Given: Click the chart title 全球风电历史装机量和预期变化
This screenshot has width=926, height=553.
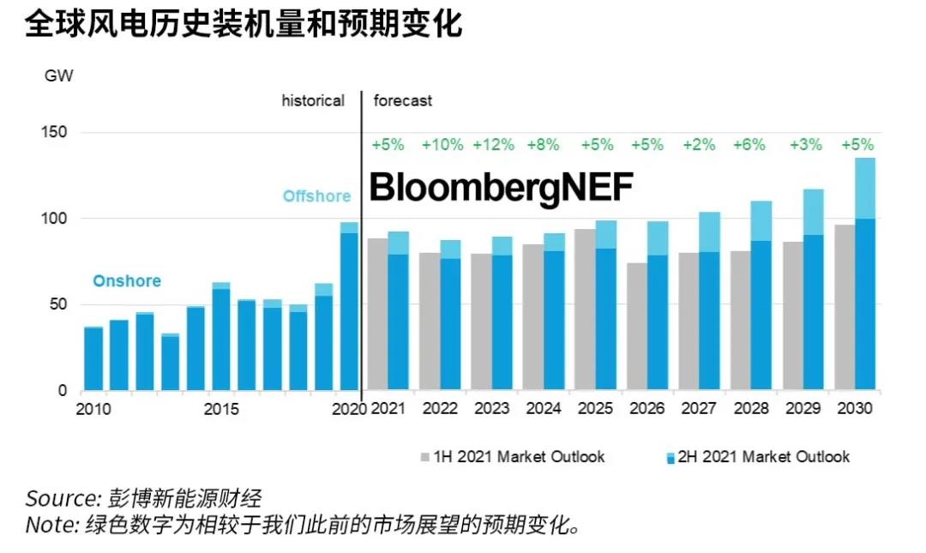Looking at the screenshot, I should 244,25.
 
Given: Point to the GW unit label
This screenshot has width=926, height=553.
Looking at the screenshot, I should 58,75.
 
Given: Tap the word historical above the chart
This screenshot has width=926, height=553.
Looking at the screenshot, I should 313,100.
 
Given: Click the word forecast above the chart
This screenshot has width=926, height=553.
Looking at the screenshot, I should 403,100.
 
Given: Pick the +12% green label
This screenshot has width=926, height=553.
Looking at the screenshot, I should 494,145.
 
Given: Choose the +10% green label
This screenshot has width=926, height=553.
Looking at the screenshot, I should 442,145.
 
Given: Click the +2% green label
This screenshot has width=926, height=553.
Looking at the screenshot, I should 699,145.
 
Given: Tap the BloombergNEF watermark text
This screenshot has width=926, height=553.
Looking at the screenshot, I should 501,189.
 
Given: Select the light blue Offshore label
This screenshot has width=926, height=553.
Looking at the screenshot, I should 316,196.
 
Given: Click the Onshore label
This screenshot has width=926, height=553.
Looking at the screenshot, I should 127,281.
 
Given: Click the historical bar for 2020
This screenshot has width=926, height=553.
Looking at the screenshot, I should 349,309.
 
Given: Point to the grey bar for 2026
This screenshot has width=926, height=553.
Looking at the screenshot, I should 636,326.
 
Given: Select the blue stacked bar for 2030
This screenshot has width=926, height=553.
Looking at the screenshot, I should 864,274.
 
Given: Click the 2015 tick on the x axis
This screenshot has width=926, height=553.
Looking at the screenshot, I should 221,409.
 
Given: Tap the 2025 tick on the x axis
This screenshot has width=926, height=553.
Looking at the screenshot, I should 597,409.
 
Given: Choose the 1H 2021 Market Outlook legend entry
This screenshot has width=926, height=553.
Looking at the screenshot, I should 512,456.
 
